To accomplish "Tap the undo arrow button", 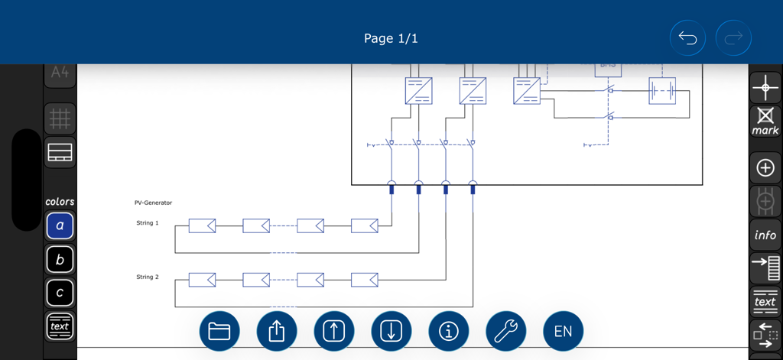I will pyautogui.click(x=687, y=38).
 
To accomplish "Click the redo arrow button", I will pyautogui.click(x=733, y=38).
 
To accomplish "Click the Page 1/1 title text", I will pyautogui.click(x=391, y=38).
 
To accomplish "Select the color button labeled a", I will pyautogui.click(x=60, y=226).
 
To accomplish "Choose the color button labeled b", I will pyautogui.click(x=60, y=260).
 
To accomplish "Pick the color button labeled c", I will pyautogui.click(x=60, y=293).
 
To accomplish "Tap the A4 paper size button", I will pyautogui.click(x=60, y=73).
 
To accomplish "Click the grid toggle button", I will pyautogui.click(x=60, y=118).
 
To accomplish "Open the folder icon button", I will pyautogui.click(x=219, y=331).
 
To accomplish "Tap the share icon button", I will pyautogui.click(x=277, y=331).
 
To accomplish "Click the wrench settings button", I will pyautogui.click(x=505, y=331).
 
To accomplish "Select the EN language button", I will pyautogui.click(x=563, y=331).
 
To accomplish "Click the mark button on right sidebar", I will pyautogui.click(x=765, y=122).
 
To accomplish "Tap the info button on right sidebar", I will pyautogui.click(x=765, y=235).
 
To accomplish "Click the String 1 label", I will pyautogui.click(x=148, y=223).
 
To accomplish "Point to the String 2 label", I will pyautogui.click(x=148, y=277).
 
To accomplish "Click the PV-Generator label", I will pyautogui.click(x=153, y=203).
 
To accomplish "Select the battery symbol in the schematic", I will pyautogui.click(x=661, y=91).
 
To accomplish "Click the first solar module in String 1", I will pyautogui.click(x=202, y=225).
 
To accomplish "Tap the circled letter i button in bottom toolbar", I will pyautogui.click(x=449, y=331).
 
